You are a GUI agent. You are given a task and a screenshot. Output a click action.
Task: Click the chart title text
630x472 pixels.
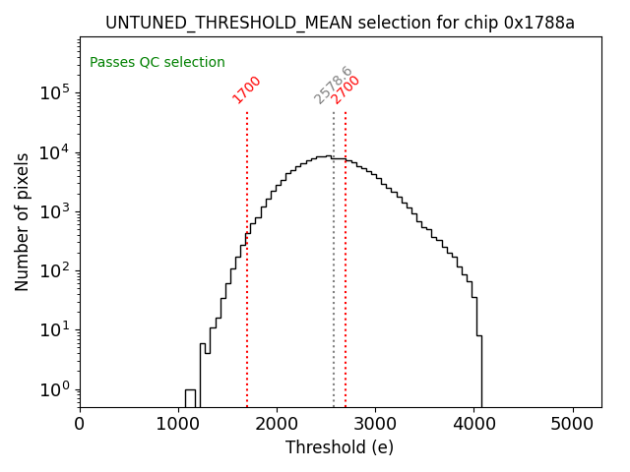tap(340, 23)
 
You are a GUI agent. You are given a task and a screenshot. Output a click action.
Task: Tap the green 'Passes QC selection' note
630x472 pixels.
tap(157, 63)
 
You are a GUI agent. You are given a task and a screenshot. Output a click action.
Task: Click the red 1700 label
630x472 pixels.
tap(247, 88)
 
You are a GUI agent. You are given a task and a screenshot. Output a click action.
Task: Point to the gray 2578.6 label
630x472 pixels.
tap(333, 86)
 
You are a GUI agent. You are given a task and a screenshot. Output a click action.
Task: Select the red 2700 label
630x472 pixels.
tap(346, 88)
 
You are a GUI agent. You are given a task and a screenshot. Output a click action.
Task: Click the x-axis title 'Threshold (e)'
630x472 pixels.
tap(340, 447)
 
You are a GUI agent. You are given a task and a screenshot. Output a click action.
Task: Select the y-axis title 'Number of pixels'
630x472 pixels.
tap(22, 221)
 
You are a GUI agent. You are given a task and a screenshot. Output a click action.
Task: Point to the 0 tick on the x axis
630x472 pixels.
tap(80, 425)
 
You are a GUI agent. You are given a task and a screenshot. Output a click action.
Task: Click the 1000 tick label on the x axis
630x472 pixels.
tap(178, 425)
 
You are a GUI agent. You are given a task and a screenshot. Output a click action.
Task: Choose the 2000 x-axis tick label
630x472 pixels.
tap(277, 425)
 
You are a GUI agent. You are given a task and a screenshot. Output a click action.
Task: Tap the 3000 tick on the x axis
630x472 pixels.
tap(375, 425)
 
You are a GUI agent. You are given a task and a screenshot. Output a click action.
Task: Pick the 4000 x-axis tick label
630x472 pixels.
tap(474, 425)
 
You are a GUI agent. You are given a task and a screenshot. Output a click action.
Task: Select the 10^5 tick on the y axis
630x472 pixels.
tap(54, 92)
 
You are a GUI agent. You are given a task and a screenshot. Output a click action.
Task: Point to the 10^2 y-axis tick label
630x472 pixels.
tap(54, 270)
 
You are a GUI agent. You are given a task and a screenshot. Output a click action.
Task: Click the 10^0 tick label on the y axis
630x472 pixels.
tap(54, 389)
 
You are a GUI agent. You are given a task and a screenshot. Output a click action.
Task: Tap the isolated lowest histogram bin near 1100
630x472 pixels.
tap(190, 398)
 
